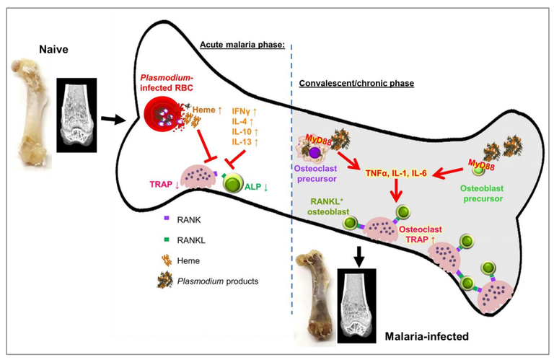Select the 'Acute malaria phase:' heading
click(x=242, y=45)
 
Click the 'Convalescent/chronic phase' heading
click(x=356, y=83)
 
